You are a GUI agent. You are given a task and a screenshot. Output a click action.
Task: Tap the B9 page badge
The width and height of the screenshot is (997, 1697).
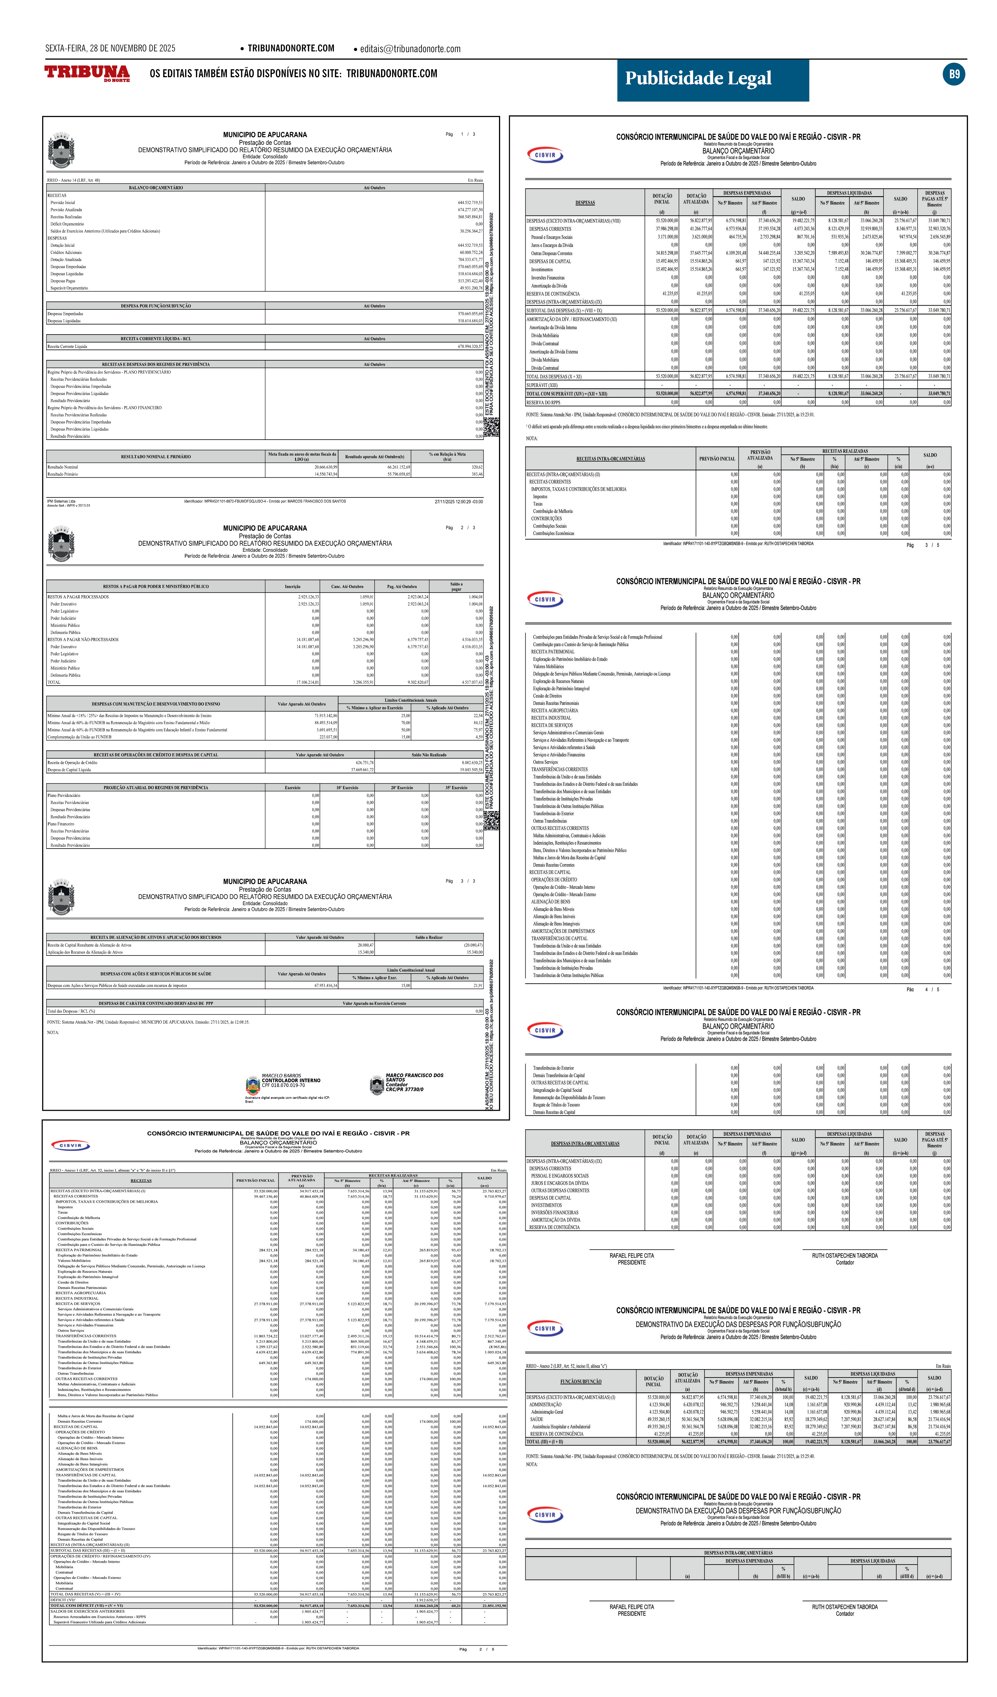tap(954, 74)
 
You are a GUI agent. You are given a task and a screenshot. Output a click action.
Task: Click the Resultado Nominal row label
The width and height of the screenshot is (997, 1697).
tap(63, 467)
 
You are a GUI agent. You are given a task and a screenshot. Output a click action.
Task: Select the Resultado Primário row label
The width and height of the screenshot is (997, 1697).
tap(63, 474)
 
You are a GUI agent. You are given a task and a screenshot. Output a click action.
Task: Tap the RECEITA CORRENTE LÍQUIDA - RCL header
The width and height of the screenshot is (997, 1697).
tap(156, 339)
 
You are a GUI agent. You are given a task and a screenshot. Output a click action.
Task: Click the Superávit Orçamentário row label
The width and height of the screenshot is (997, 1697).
tap(69, 288)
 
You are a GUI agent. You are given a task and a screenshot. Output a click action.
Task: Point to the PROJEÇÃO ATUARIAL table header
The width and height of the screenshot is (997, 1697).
tap(156, 787)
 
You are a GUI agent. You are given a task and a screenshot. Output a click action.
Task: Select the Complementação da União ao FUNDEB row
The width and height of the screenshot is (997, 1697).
tap(79, 737)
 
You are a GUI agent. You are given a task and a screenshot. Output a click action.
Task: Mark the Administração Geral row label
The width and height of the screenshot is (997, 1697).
tap(547, 1412)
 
